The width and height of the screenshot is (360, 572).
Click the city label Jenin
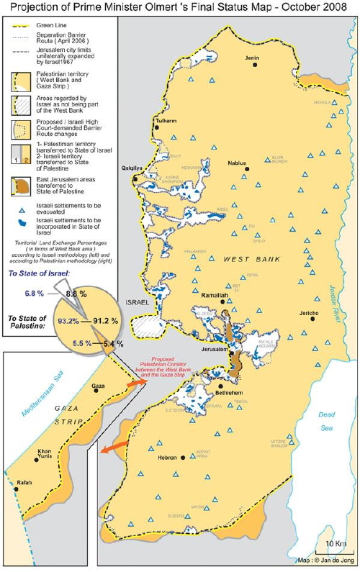(251, 57)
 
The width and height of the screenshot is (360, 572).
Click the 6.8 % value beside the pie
(35, 294)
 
